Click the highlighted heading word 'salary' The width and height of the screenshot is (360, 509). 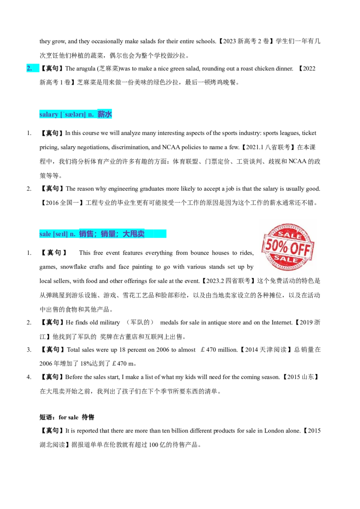[x=49, y=115]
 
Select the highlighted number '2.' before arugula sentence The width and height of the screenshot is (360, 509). [x=29, y=68]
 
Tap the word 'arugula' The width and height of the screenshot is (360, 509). [x=85, y=68]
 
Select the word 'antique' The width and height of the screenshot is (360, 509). [x=218, y=323]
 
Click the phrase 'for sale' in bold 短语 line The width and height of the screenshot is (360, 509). [x=68, y=417]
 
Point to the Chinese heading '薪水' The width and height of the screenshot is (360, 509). [x=104, y=114]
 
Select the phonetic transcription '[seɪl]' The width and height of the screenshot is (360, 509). [x=60, y=234]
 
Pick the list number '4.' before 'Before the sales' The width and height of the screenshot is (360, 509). [x=29, y=377]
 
